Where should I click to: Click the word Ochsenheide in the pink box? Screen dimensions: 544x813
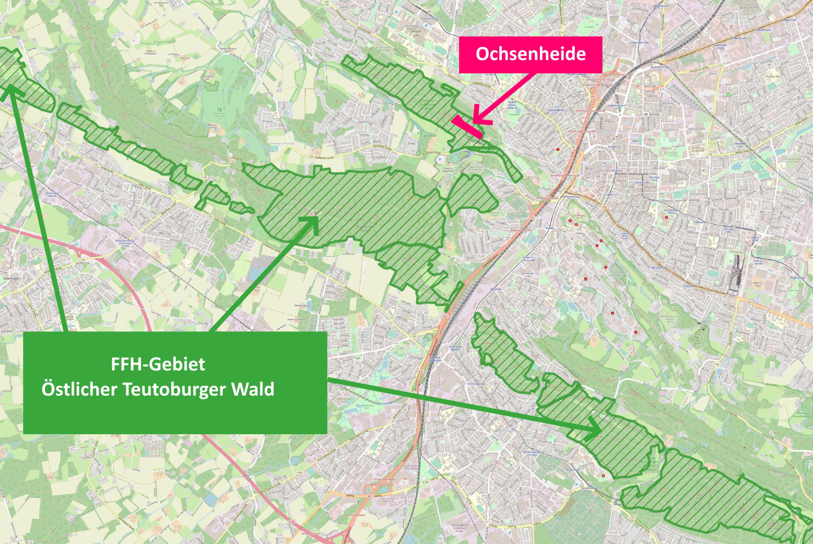pyautogui.click(x=530, y=54)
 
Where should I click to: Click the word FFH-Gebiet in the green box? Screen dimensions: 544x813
pyautogui.click(x=157, y=364)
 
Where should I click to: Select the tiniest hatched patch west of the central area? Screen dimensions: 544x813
pyautogui.click(x=242, y=207)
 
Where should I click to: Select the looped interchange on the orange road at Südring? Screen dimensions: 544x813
pyautogui.click(x=369, y=489)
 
